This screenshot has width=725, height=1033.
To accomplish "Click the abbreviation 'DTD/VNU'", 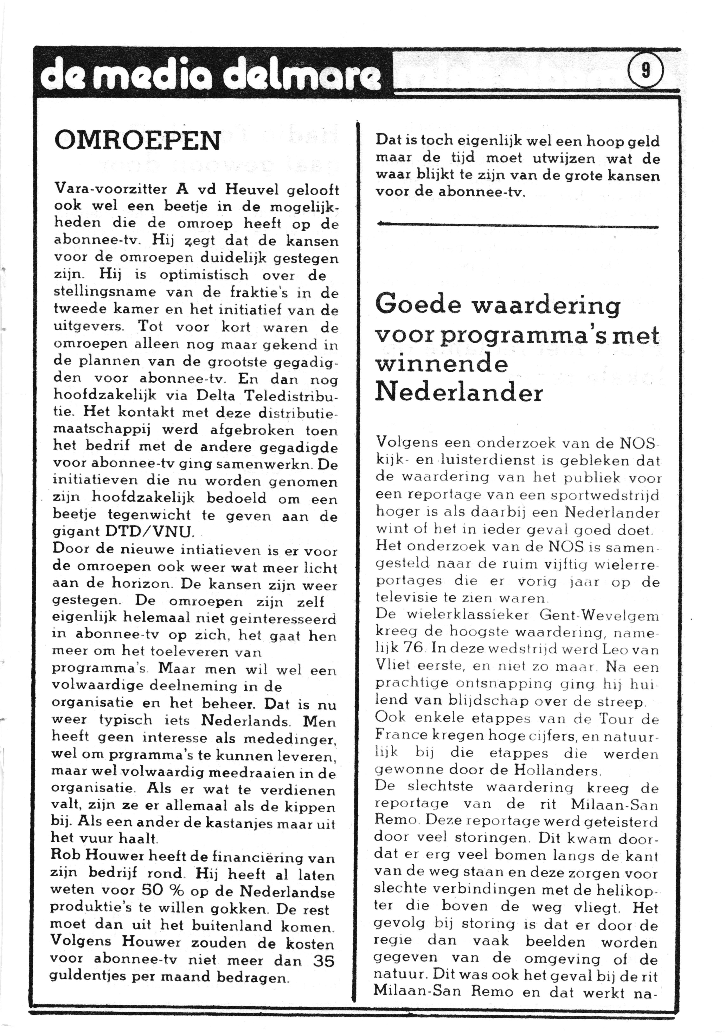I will tap(149, 532).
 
